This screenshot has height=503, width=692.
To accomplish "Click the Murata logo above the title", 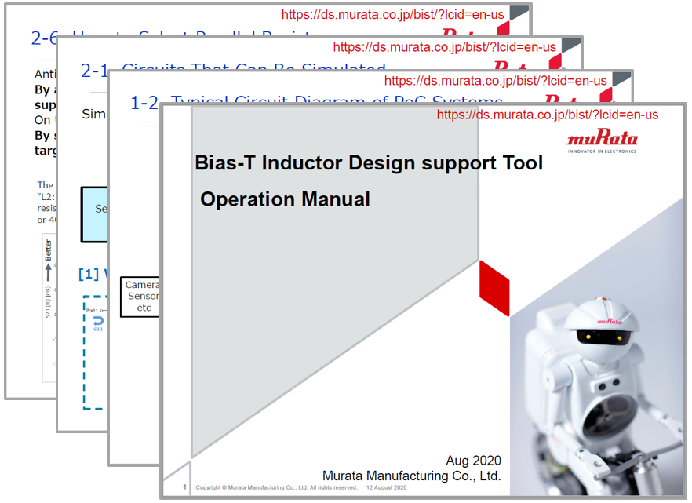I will point(603,141).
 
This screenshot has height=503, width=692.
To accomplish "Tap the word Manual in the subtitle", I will point(336,199).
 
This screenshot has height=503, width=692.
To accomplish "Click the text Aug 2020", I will point(473,461).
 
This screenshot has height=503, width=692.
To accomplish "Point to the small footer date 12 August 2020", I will point(387,488).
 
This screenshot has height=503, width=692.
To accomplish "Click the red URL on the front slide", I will point(547,115).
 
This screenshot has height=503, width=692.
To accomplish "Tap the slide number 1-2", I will point(146,103).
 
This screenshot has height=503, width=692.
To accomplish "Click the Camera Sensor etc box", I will point(140,296).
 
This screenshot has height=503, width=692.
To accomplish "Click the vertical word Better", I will point(49,250).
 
